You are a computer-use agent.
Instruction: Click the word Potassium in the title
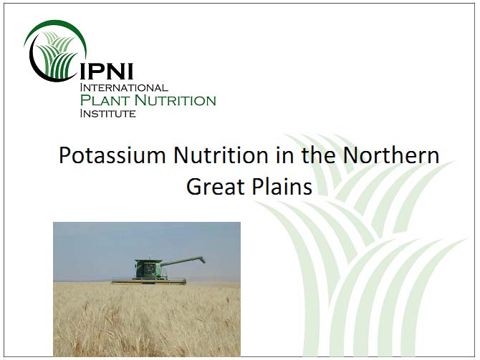click(x=112, y=155)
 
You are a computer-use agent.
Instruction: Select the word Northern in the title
click(x=391, y=155)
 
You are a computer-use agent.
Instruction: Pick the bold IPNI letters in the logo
click(x=107, y=72)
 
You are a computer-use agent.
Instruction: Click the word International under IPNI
click(x=124, y=88)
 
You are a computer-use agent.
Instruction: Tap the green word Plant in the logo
click(x=105, y=100)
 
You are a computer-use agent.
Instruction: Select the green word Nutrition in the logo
click(x=176, y=100)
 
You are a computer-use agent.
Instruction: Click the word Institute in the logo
click(x=107, y=114)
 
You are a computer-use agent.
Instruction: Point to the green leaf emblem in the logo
click(x=58, y=54)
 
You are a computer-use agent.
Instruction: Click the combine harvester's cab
click(x=148, y=269)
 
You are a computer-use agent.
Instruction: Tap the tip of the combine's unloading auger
click(x=203, y=260)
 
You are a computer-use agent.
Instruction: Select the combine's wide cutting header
click(x=149, y=281)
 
